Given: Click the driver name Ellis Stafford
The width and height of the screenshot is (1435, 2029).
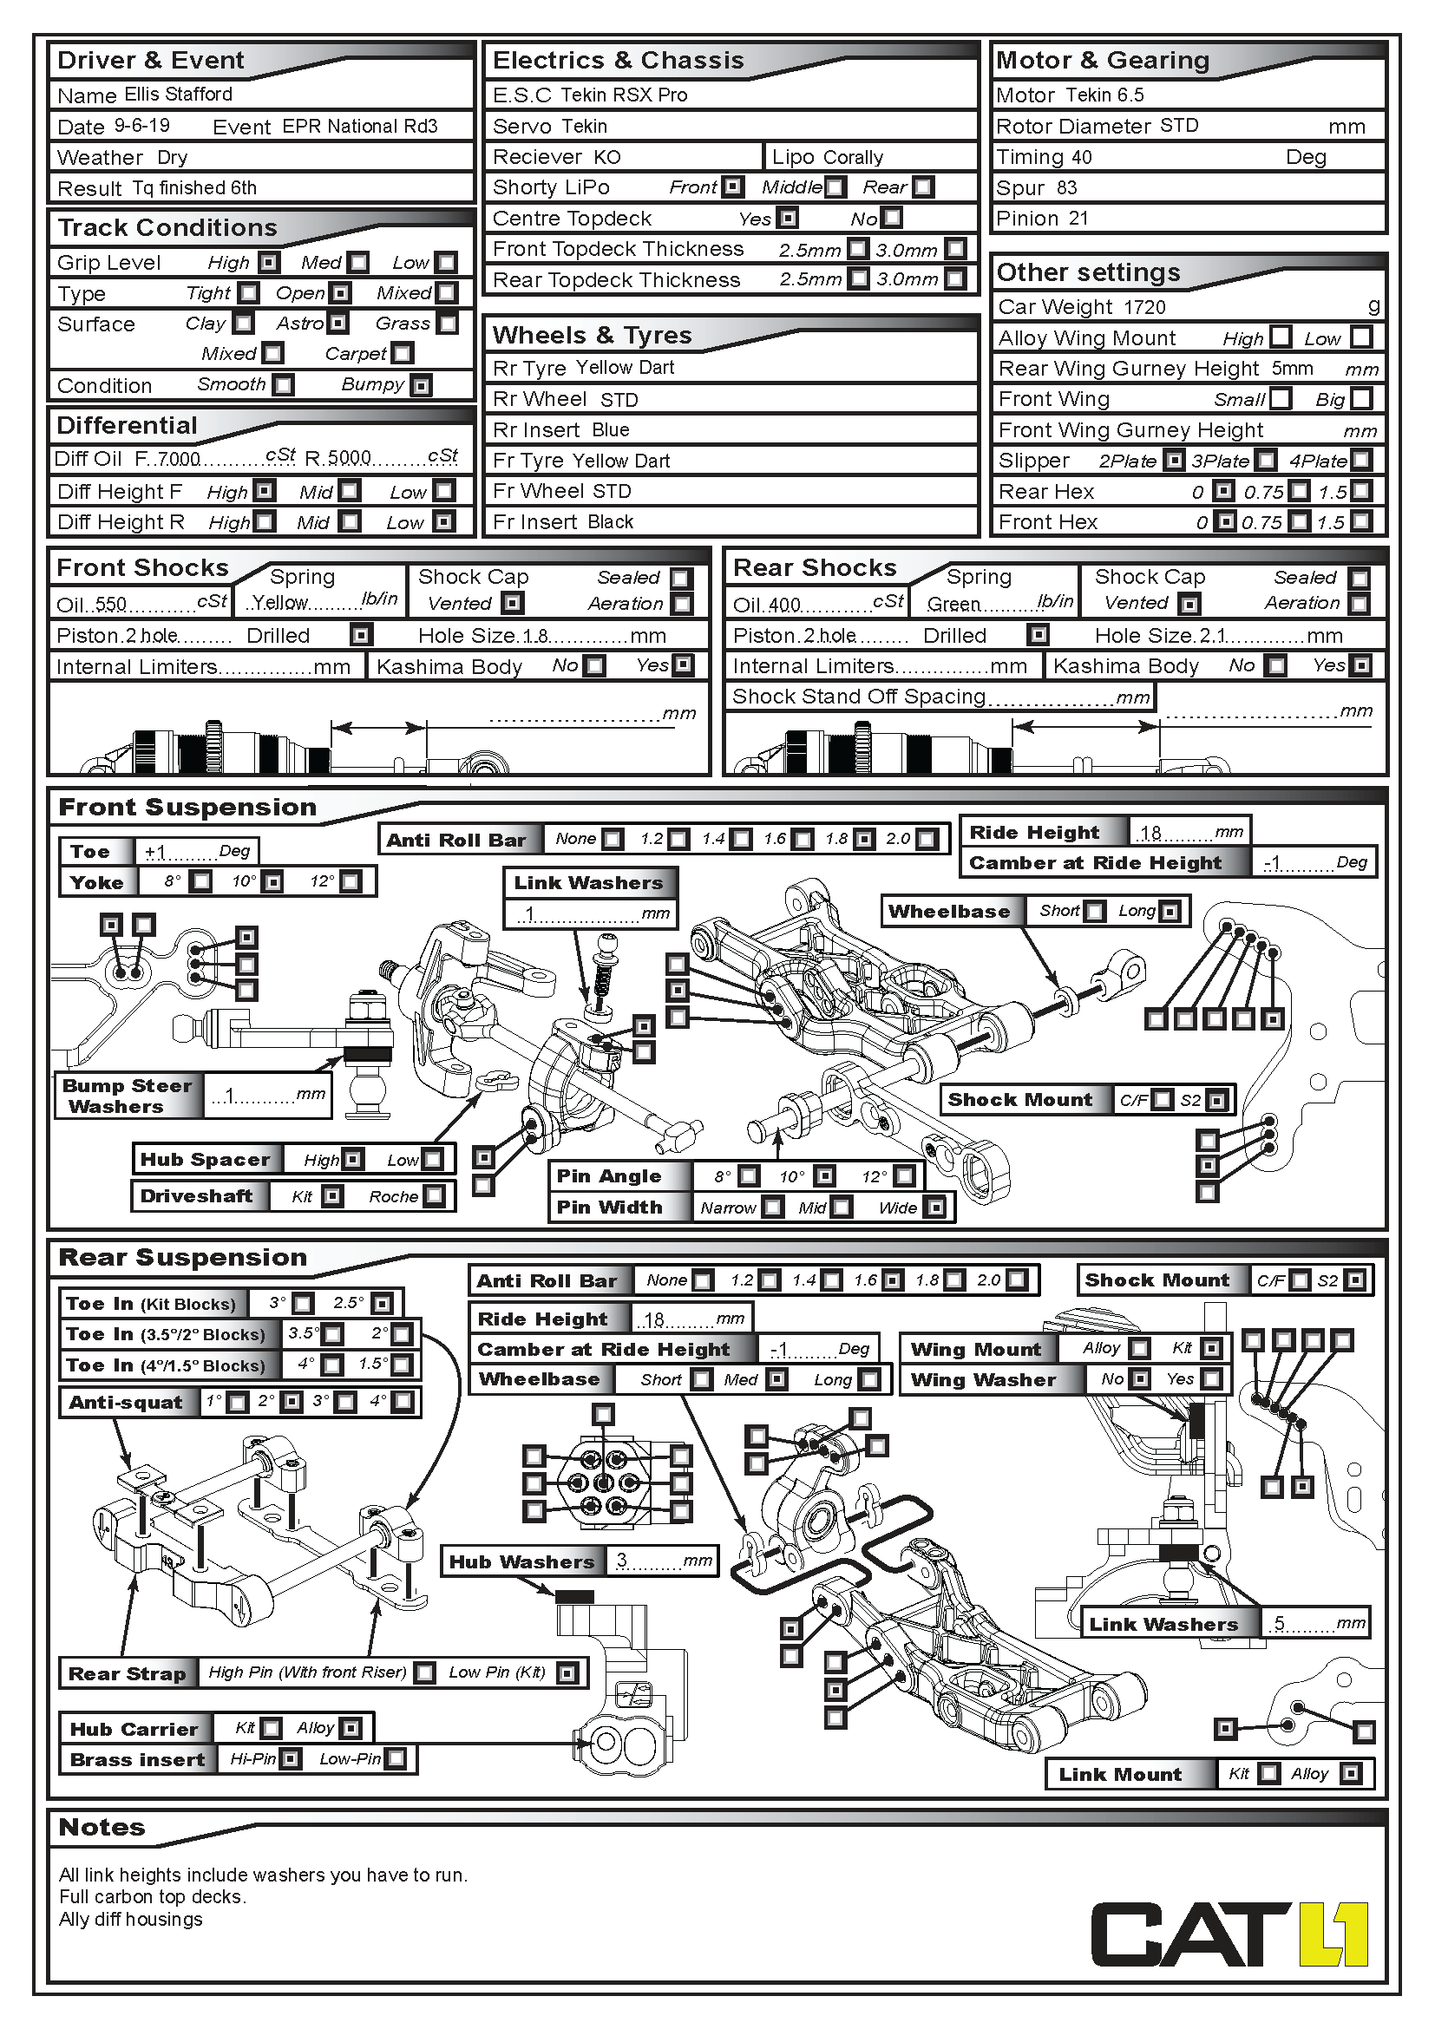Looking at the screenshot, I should coord(179,94).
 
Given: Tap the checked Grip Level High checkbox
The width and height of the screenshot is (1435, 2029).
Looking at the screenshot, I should coord(269,263).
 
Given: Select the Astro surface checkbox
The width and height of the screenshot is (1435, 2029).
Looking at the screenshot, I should coord(337,324).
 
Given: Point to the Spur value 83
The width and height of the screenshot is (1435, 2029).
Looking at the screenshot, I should coord(1066,187).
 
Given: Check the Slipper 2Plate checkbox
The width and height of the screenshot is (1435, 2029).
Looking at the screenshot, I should coord(1174,461).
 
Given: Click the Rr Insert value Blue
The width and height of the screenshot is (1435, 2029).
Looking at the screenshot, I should coord(611,430).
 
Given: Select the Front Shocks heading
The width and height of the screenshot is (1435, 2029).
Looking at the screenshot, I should coord(142,567).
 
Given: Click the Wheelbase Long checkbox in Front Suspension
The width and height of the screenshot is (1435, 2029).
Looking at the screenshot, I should coord(1170,911).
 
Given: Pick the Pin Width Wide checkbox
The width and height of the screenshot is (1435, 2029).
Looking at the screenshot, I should coord(935,1208).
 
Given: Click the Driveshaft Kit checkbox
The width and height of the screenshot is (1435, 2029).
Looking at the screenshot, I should coord(331,1196).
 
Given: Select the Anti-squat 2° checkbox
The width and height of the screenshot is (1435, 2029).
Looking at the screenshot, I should coord(291,1403).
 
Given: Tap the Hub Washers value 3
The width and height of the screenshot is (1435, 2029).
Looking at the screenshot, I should coord(622,1560).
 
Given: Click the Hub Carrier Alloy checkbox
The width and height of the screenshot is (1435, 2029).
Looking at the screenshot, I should coord(350,1728).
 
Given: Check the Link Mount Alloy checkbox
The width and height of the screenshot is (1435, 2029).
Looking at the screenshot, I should coord(1349,1774).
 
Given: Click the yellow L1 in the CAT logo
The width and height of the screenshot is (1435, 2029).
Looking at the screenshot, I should coord(1334,1935).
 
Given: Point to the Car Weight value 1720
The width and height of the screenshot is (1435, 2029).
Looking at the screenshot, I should coord(1144,306).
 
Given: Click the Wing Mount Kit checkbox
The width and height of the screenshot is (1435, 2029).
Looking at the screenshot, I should coord(1211,1349).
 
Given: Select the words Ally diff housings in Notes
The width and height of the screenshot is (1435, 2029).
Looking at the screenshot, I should coord(131,1920).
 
